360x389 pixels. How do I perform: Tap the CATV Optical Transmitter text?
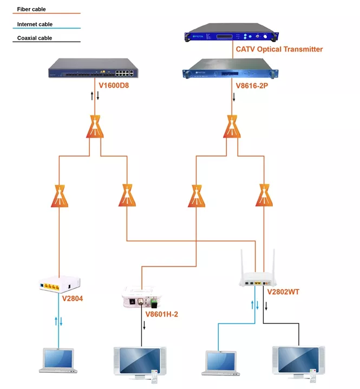pyautogui.click(x=279, y=49)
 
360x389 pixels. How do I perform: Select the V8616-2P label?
pyautogui.click(x=252, y=86)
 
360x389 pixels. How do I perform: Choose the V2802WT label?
pyautogui.click(x=283, y=292)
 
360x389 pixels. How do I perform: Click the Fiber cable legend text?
pyautogui.click(x=31, y=10)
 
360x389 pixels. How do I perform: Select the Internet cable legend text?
pyautogui.click(x=35, y=24)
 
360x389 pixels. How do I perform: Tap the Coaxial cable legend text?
pyautogui.click(x=34, y=38)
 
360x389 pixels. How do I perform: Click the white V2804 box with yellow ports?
pyautogui.click(x=60, y=283)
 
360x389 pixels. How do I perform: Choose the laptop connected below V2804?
pyautogui.click(x=58, y=360)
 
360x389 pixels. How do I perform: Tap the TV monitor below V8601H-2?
pyautogui.click(x=138, y=360)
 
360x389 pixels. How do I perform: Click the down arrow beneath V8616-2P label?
pyautogui.click(x=234, y=98)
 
